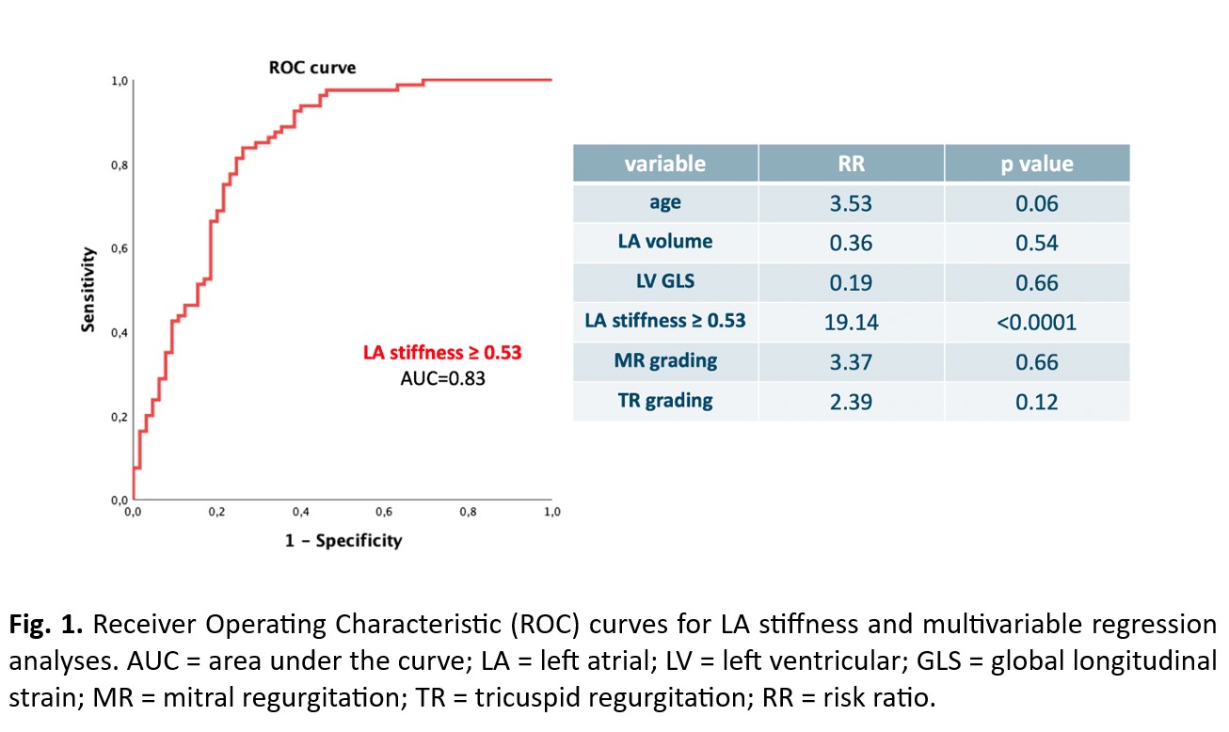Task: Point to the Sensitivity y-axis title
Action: click(x=89, y=290)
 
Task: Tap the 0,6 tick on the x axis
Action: click(x=384, y=513)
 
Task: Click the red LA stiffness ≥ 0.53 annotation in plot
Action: click(x=442, y=353)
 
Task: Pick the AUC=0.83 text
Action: click(x=442, y=379)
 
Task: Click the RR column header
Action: click(x=851, y=164)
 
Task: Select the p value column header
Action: click(x=1036, y=164)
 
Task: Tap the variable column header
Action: click(x=664, y=164)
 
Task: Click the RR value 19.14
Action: click(x=851, y=323)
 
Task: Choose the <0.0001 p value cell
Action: click(x=1036, y=323)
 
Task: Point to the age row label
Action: click(x=664, y=202)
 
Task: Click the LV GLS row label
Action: click(x=664, y=282)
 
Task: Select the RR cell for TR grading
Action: click(x=851, y=402)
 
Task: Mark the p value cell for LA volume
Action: click(x=1036, y=243)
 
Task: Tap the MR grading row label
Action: click(x=664, y=361)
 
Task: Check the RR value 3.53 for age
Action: click(x=851, y=203)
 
